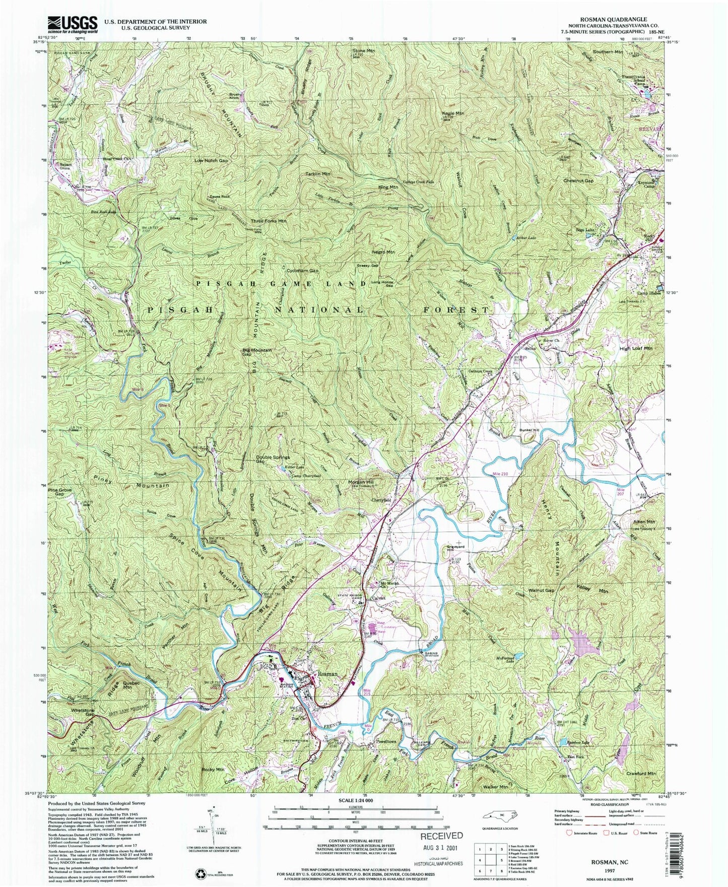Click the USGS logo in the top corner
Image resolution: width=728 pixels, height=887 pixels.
(x=73, y=24)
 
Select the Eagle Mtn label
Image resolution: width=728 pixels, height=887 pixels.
(x=452, y=114)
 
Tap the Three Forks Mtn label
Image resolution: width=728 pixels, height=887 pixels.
(x=269, y=221)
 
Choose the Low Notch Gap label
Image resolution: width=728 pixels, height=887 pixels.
(x=211, y=161)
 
